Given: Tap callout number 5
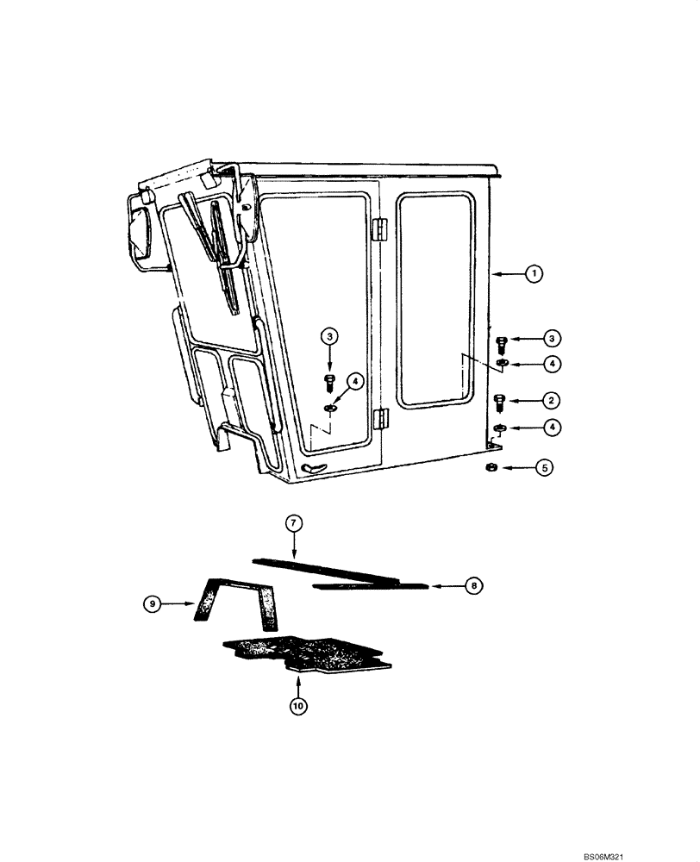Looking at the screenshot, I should [545, 468].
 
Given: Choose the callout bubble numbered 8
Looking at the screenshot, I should [472, 585].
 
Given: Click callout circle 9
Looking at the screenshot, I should [152, 605].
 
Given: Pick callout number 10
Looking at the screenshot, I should [297, 706].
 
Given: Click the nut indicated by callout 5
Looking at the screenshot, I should [488, 467].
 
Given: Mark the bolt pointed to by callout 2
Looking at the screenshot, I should [500, 402].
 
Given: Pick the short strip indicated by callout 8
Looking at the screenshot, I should [371, 586].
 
